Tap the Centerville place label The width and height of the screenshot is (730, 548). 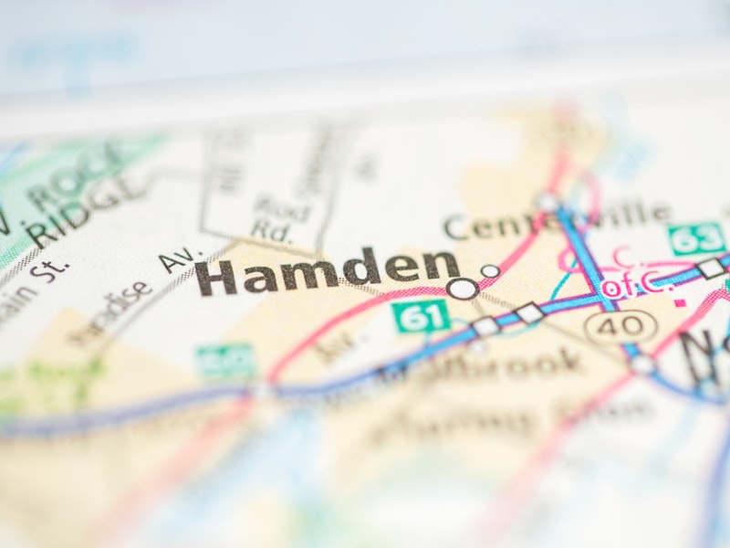557,220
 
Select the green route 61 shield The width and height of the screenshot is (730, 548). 421,316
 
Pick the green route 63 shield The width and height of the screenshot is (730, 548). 696,239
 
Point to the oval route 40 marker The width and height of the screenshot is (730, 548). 620,326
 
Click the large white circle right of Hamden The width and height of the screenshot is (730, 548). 463,289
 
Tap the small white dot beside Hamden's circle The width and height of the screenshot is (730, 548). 490,271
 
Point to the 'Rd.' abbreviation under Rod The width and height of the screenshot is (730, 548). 271,231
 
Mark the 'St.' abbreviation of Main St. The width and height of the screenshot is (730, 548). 53,269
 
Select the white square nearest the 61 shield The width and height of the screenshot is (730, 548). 485,326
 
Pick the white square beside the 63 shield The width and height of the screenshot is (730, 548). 711,269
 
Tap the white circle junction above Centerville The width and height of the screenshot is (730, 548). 547,202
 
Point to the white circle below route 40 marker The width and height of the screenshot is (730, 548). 642,364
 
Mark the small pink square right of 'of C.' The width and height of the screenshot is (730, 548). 679,299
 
